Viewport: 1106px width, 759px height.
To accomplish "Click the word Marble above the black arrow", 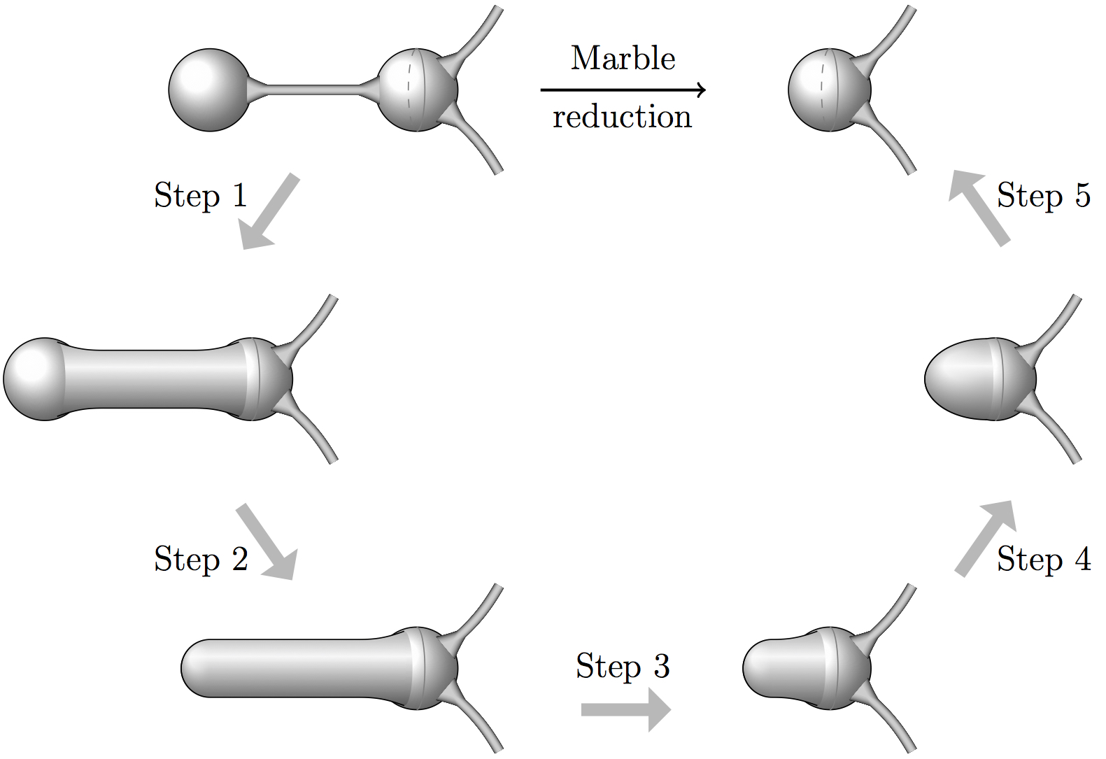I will coord(623,58).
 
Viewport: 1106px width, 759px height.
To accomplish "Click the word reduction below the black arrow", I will coord(622,117).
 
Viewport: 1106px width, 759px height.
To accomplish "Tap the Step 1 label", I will coord(201,195).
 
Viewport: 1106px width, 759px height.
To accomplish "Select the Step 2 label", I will coord(201,559).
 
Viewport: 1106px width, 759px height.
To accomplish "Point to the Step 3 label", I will coord(623,666).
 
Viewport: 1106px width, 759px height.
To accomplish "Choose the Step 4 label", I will coord(1043,559).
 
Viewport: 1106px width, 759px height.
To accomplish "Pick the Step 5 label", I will coord(1043,195).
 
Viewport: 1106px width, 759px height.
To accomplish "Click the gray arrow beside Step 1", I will coord(269,212).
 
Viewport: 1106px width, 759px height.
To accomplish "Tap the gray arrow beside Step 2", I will coord(267,542).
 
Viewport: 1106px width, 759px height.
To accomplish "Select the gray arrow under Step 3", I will coord(625,709).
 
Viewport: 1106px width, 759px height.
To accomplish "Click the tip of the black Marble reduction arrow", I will coord(704,90).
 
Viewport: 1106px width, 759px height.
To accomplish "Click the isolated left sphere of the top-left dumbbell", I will coord(209,90).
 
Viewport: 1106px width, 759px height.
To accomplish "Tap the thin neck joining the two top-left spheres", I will coord(311,90).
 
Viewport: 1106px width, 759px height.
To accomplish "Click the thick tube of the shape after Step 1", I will coord(154,378).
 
